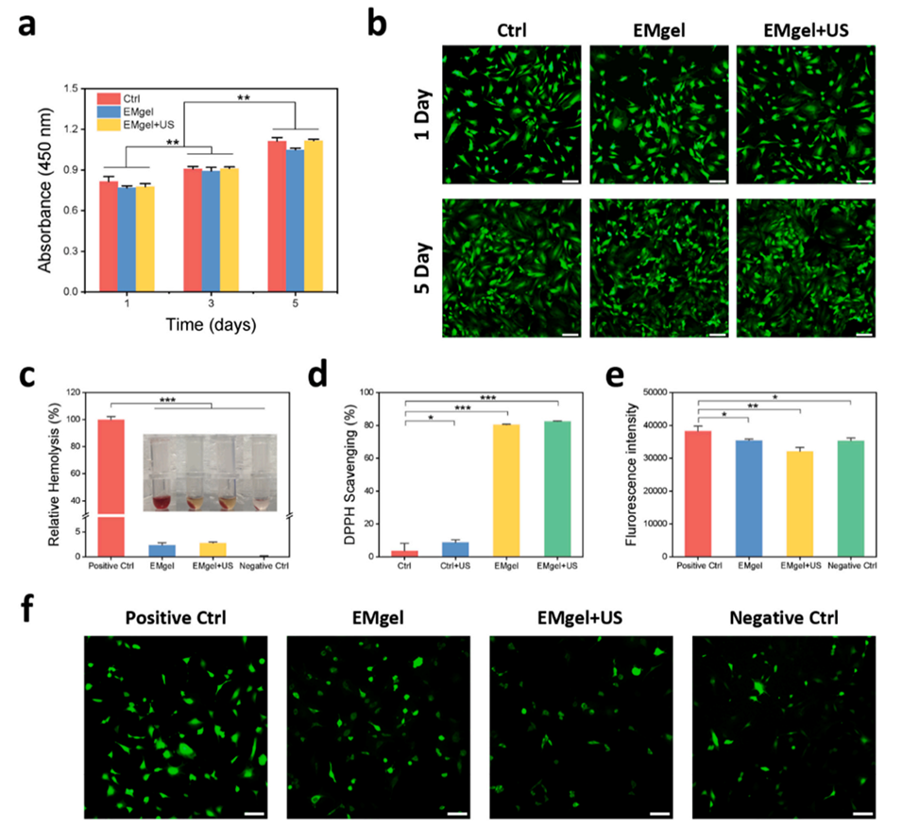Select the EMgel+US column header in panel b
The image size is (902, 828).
806,30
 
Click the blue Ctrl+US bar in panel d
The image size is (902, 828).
456,549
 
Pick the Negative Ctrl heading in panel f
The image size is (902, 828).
783,620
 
